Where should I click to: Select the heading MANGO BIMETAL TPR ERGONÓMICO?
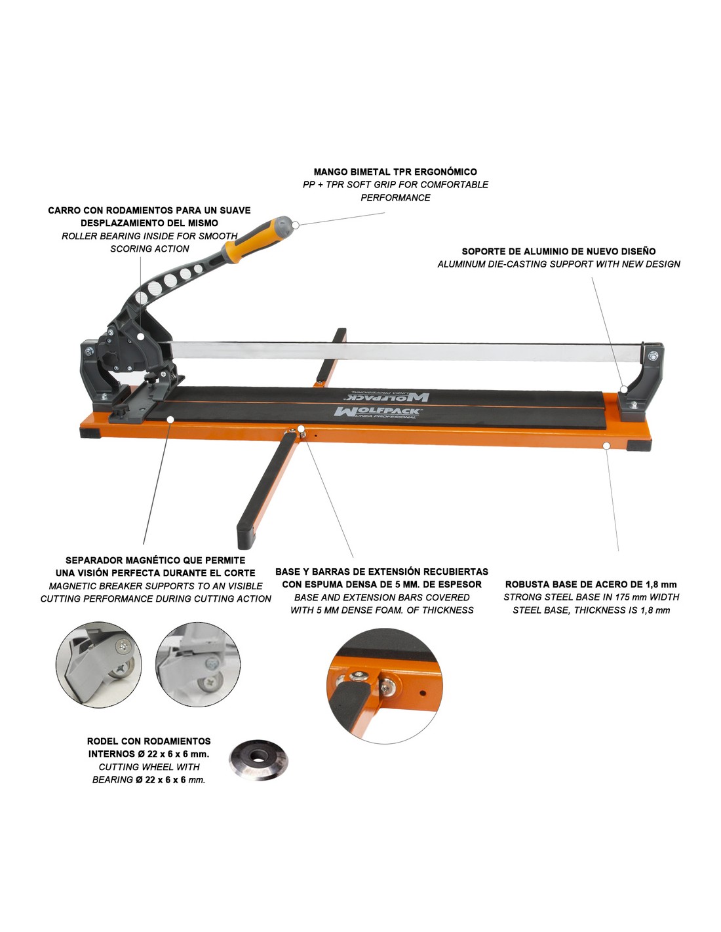pos(395,172)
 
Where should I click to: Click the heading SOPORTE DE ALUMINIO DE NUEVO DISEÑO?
pos(558,251)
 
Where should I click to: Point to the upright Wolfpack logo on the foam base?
pos(378,412)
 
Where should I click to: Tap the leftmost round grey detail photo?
pos(99,665)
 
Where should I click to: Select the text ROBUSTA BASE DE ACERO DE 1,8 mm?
pos(591,584)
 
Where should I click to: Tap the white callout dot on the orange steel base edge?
pos(606,446)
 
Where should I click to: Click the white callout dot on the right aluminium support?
pos(624,389)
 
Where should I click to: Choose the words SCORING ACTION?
pos(149,249)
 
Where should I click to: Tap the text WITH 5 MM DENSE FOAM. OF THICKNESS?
pos(381,610)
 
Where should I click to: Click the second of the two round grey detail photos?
pos(198,665)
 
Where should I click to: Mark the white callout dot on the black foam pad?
pos(170,419)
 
